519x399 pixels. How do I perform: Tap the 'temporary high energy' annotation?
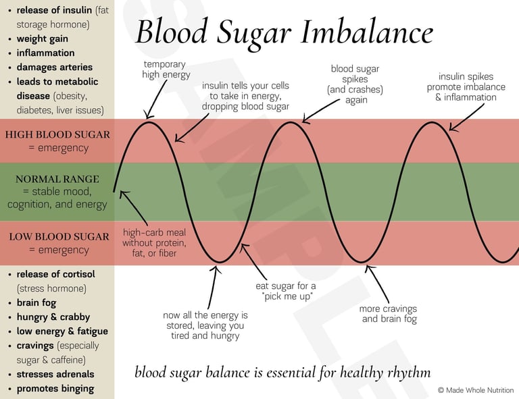tap(166, 70)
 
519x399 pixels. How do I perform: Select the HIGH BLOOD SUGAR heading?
tap(57, 134)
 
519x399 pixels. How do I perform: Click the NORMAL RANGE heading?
tap(57, 179)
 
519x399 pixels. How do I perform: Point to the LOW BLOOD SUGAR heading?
tap(59, 236)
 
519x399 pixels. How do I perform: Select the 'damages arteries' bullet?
tap(54, 67)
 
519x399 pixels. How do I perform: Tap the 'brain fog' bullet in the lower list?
tap(36, 303)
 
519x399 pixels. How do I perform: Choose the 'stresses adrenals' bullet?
tap(55, 374)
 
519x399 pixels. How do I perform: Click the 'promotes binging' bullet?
tap(55, 388)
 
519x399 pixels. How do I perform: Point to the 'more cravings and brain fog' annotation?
tap(389, 314)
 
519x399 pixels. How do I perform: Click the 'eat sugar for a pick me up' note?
tap(285, 291)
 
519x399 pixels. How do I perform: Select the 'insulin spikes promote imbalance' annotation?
tap(466, 87)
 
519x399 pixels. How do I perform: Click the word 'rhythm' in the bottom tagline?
tap(408, 372)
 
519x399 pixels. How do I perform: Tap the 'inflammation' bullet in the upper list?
tap(45, 53)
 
